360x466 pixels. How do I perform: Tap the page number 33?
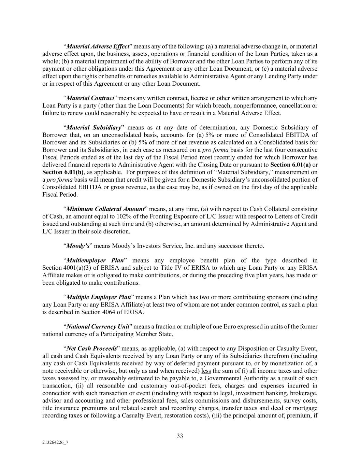[180, 436]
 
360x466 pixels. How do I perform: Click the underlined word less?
[206, 371]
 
